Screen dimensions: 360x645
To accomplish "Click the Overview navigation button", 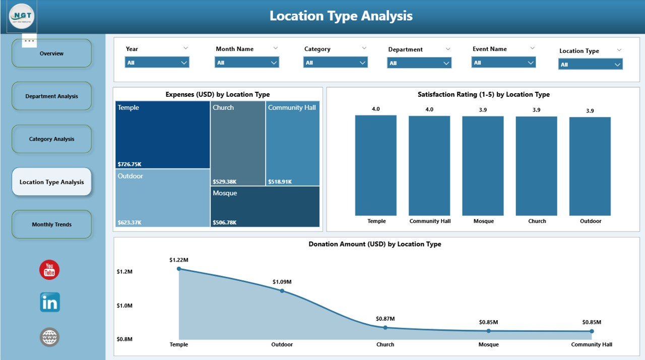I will pos(51,53).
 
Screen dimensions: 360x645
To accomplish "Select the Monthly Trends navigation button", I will pos(51,224).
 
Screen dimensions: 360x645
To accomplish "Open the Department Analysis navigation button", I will pos(51,96).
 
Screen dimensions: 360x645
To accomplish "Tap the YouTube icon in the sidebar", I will pos(49,270).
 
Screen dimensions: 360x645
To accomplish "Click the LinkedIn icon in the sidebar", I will pos(50,303).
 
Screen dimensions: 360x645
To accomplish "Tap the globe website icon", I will pos(50,337).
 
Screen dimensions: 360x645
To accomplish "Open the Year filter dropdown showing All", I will pos(157,63).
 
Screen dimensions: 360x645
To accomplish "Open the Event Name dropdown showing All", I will pos(503,63).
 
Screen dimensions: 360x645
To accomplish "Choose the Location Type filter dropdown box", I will pos(590,65).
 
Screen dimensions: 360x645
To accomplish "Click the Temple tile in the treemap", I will pos(162,135).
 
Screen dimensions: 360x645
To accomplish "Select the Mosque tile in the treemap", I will pos(265,207).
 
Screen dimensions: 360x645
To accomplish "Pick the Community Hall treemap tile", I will pos(292,144).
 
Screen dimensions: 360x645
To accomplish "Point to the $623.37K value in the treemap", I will pos(130,222).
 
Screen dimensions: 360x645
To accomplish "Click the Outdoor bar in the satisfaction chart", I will pos(590,166).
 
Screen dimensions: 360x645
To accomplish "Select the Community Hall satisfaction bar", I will pos(429,166).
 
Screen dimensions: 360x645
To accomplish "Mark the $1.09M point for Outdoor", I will pos(282,291).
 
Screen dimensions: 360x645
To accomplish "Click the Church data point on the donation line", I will pos(385,328).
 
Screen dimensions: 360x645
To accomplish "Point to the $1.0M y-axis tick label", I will pos(124,306).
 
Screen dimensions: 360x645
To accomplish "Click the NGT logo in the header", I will pos(22,17).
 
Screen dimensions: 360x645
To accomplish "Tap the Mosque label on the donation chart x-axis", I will pos(488,345).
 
